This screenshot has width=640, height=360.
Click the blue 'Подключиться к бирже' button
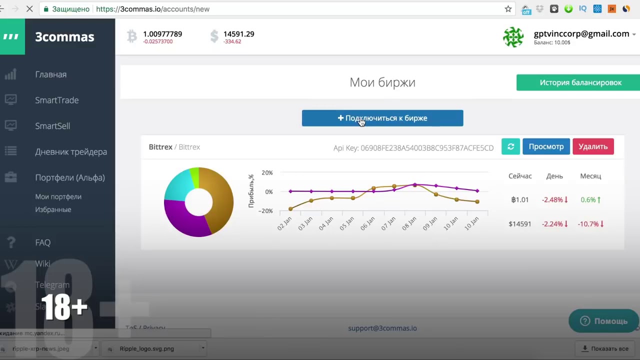[382, 118]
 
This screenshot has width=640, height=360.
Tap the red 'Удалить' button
[593, 146]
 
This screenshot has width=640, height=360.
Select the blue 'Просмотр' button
[546, 146]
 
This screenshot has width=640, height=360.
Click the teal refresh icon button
[510, 146]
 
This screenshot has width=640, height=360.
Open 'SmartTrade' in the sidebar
[56, 100]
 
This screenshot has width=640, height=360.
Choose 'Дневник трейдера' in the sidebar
[71, 152]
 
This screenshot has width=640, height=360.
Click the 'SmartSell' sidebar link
[52, 126]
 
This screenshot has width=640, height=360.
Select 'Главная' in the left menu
[50, 74]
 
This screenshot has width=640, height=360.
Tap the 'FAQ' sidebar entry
[43, 242]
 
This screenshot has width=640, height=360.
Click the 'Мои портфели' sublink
[58, 196]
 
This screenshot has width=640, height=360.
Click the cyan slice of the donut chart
[175, 185]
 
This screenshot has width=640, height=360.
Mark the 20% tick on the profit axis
[267, 173]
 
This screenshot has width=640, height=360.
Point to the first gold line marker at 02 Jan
[290, 209]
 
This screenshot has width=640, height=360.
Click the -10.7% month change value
[590, 224]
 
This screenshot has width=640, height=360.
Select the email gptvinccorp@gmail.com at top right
[581, 34]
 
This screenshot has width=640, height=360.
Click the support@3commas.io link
[382, 328]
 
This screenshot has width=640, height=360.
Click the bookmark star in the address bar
[508, 9]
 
